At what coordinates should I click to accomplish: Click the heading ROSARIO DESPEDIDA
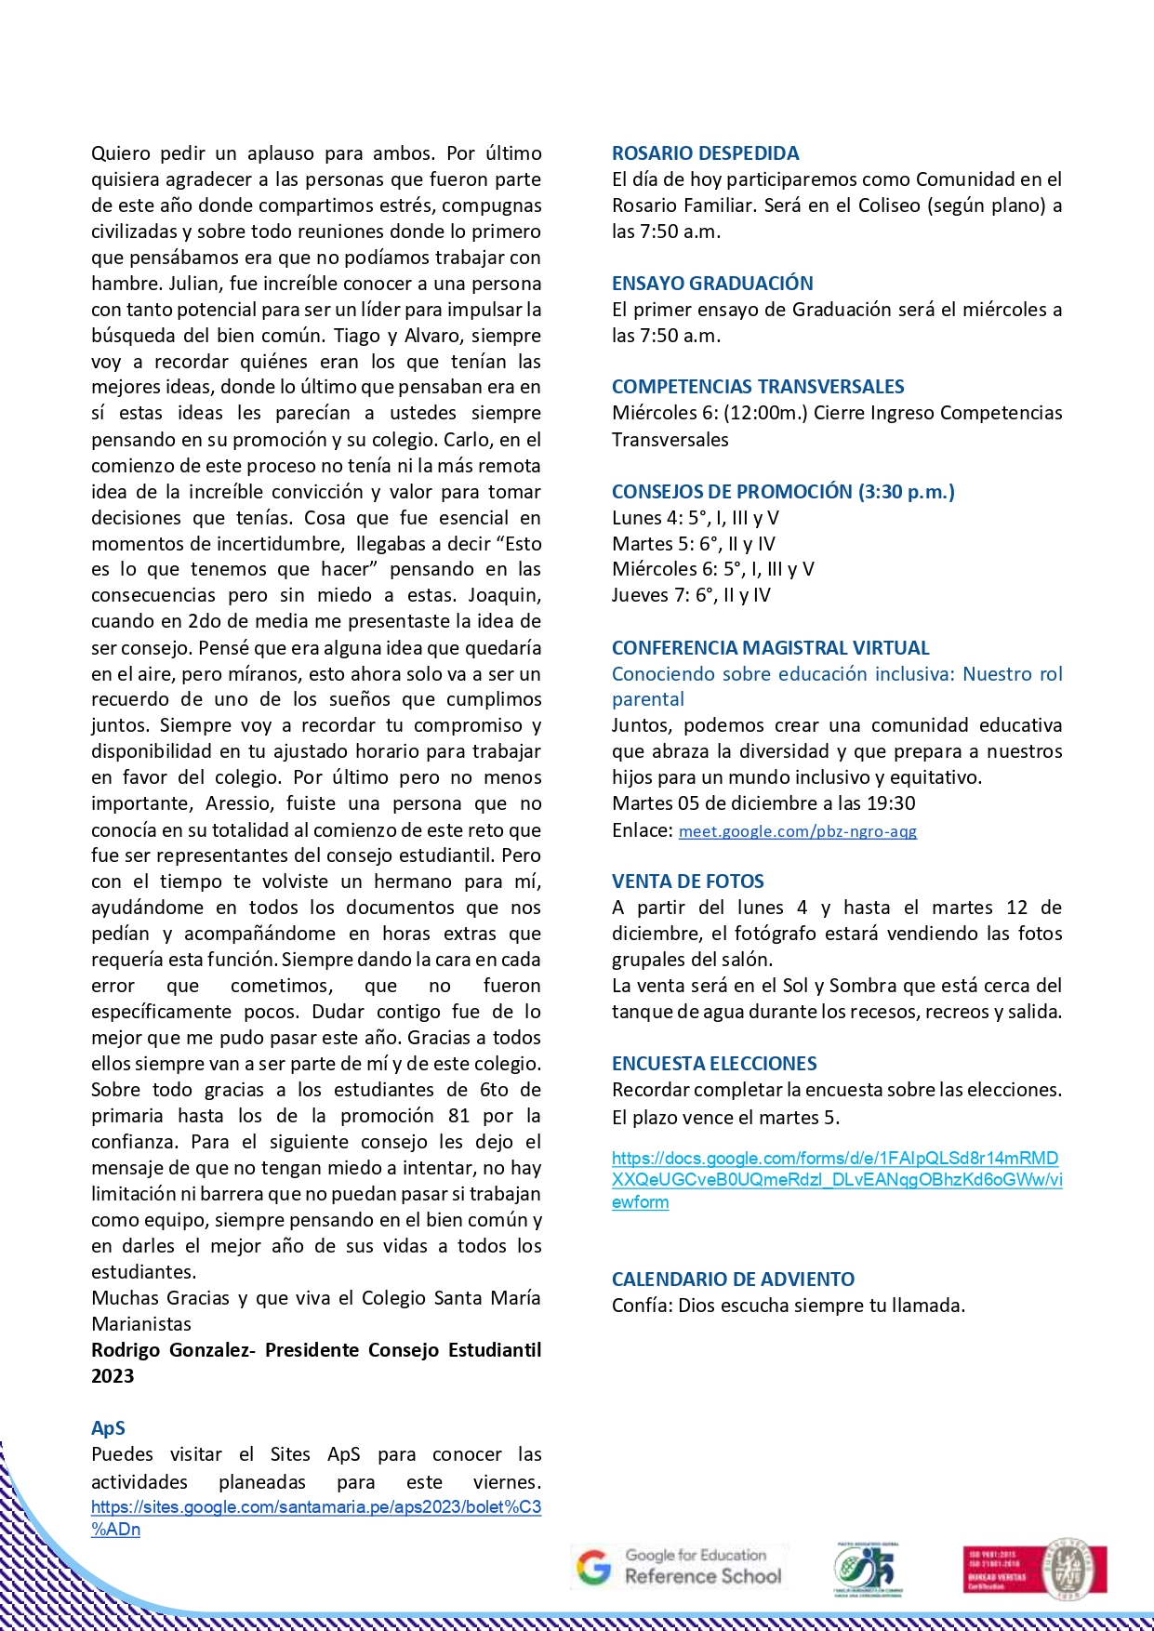705,153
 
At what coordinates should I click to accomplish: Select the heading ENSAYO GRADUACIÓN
712,284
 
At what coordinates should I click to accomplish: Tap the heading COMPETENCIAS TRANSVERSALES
758,387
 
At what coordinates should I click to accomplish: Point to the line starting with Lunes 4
695,518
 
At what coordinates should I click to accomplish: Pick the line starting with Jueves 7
691,595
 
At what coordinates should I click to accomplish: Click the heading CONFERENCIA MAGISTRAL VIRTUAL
770,648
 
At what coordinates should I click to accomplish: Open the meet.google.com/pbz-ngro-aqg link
798,831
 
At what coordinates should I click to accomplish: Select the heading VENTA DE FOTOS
687,882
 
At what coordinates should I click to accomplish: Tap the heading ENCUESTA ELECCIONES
714,1064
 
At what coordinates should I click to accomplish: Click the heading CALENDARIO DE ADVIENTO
733,1280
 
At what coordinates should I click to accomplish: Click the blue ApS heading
108,1428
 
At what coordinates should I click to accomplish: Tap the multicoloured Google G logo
593,1568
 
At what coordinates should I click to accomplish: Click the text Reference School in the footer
703,1576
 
